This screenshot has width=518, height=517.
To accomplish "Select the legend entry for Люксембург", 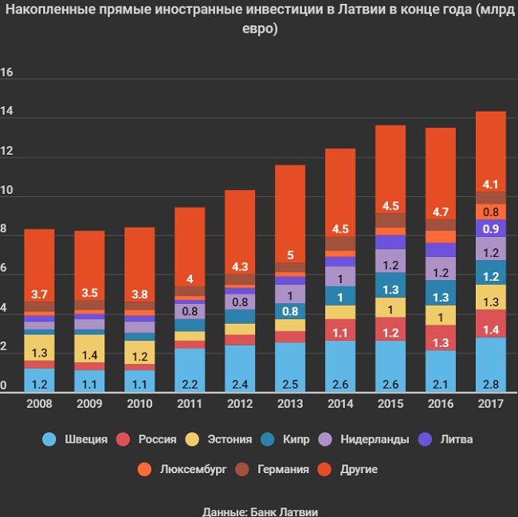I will click(192, 469).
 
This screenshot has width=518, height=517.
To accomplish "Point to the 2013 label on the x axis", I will click(289, 403).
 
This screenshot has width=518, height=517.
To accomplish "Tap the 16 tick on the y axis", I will click(8, 73).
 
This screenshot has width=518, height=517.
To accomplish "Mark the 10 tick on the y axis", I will click(8, 191).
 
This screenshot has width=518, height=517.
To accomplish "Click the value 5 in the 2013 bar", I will click(289, 255).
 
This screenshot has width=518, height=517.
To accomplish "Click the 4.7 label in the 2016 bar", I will click(440, 212).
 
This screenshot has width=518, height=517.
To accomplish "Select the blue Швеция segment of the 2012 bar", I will click(239, 367).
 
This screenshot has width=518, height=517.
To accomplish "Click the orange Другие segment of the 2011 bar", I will click(189, 247).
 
